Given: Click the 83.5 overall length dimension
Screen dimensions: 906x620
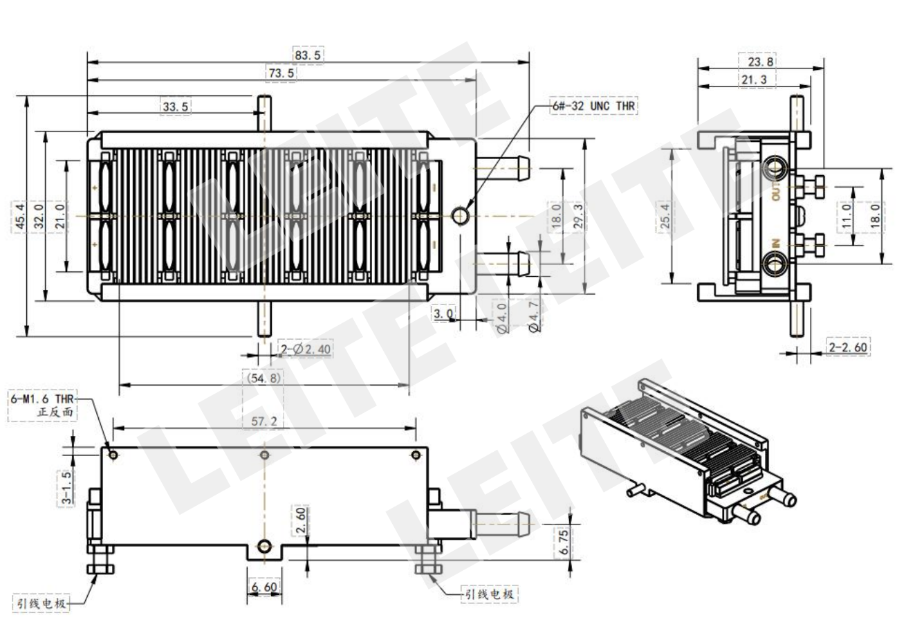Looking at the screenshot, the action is pyautogui.click(x=308, y=55).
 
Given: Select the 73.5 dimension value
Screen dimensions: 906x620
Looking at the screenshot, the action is pyautogui.click(x=281, y=73).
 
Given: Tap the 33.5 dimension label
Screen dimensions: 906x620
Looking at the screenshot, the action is pyautogui.click(x=176, y=107).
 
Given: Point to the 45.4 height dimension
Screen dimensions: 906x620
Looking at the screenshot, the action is pyautogui.click(x=20, y=216).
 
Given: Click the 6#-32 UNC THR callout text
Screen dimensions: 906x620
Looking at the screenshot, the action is pyautogui.click(x=594, y=106).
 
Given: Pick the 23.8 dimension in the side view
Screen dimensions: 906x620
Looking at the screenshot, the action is pyautogui.click(x=760, y=62).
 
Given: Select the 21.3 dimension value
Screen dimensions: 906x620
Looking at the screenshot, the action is pyautogui.click(x=754, y=80).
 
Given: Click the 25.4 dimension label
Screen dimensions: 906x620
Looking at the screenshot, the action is pyautogui.click(x=665, y=216).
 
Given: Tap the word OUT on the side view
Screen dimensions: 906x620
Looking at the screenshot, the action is pyautogui.click(x=776, y=192).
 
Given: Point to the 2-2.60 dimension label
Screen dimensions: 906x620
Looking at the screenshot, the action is pyautogui.click(x=848, y=347).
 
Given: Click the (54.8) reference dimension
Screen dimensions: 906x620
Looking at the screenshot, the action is pyautogui.click(x=264, y=378).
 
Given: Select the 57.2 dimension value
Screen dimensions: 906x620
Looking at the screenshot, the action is pyautogui.click(x=264, y=421).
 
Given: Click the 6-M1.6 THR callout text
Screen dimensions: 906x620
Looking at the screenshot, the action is pyautogui.click(x=42, y=399).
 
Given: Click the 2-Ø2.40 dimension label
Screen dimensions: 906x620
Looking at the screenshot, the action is pyautogui.click(x=306, y=349).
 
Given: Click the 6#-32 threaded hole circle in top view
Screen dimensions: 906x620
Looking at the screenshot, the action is pyautogui.click(x=460, y=215).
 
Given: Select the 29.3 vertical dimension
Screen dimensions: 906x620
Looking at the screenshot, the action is pyautogui.click(x=578, y=216).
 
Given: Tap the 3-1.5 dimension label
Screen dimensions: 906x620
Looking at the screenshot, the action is pyautogui.click(x=66, y=487).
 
